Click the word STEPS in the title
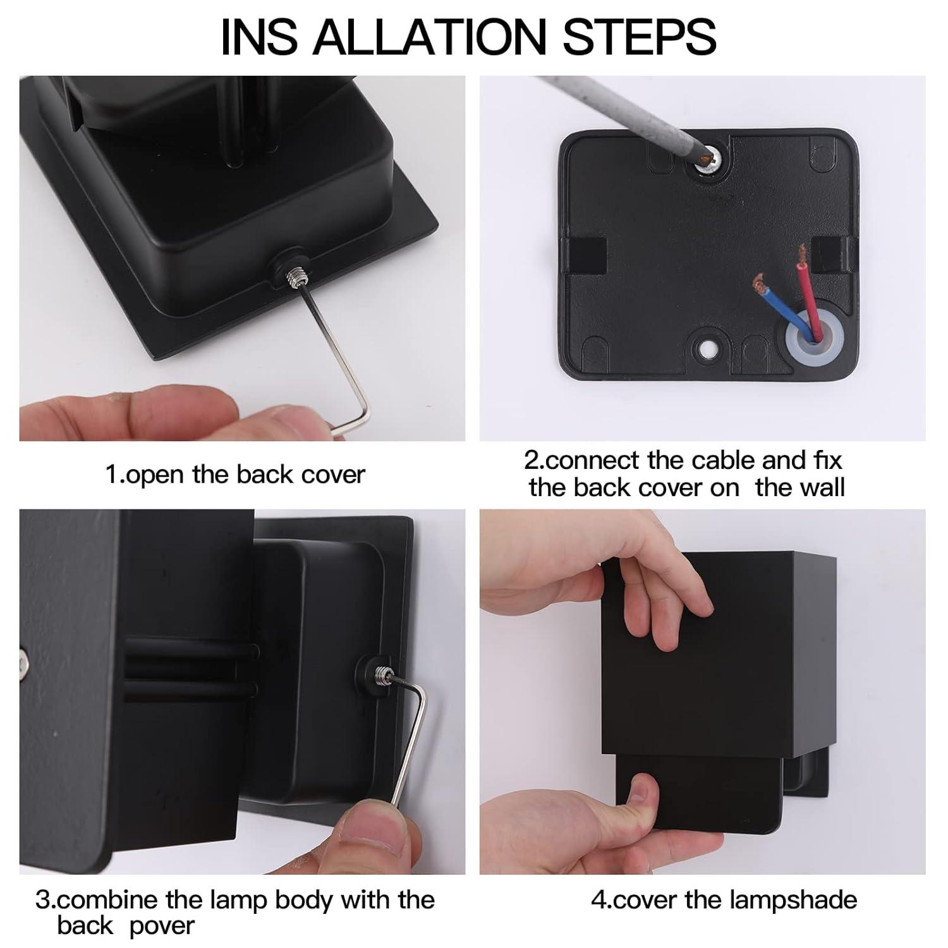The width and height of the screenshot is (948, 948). click(639, 36)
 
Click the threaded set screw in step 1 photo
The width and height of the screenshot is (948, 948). click(296, 275)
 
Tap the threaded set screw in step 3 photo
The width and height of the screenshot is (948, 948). click(382, 674)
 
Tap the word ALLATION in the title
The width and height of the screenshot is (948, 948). click(429, 36)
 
